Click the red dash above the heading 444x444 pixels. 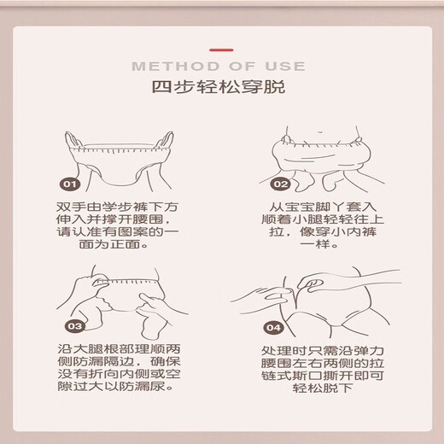pyautogui.click(x=221, y=50)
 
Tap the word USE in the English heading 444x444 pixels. pyautogui.click(x=285, y=67)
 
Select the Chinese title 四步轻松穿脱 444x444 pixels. pyautogui.click(x=219, y=86)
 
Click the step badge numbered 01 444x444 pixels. pyautogui.click(x=70, y=184)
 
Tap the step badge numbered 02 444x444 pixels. pyautogui.click(x=281, y=184)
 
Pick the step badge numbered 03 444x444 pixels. pyautogui.click(x=75, y=326)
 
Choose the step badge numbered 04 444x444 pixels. pyautogui.click(x=273, y=328)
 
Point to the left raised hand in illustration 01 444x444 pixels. pyautogui.click(x=73, y=140)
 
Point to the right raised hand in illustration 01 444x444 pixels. pyautogui.click(x=166, y=140)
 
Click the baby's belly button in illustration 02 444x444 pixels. pyautogui.click(x=320, y=132)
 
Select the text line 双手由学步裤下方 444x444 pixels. pyautogui.click(x=117, y=207)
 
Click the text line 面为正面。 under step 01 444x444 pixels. pyautogui.click(x=114, y=244)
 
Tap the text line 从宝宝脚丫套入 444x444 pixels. pyautogui.click(x=323, y=207)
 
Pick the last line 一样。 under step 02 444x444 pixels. pyautogui.click(x=319, y=244)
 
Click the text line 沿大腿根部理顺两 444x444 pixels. pyautogui.click(x=119, y=349)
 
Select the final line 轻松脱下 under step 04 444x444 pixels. pyautogui.click(x=323, y=388)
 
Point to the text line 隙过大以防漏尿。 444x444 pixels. pyautogui.click(x=115, y=387)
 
